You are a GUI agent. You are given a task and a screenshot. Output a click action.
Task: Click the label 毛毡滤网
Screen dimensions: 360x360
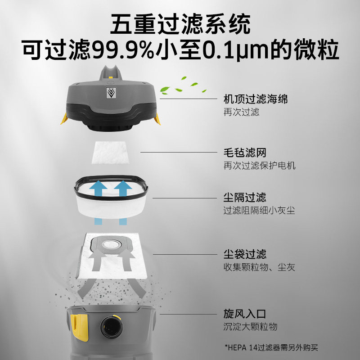pyautogui.click(x=245, y=153)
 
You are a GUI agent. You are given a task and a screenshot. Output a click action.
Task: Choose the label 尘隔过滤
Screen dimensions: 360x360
pyautogui.click(x=245, y=198)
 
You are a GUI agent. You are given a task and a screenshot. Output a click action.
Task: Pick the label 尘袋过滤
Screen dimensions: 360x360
pyautogui.click(x=245, y=254)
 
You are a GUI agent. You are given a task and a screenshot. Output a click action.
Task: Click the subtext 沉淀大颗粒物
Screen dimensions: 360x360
pyautogui.click(x=250, y=327)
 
